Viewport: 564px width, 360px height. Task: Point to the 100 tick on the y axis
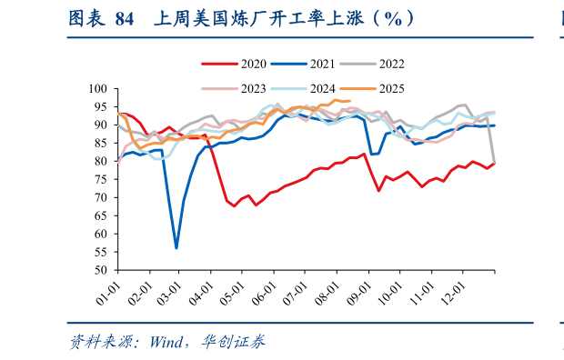(98, 89)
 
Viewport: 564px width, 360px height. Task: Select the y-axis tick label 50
(101, 270)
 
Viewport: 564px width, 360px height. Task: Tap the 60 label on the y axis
(101, 234)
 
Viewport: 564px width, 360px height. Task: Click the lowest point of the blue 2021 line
(176, 247)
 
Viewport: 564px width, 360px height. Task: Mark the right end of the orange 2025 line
(350, 101)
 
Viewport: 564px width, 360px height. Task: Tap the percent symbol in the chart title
(392, 18)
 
